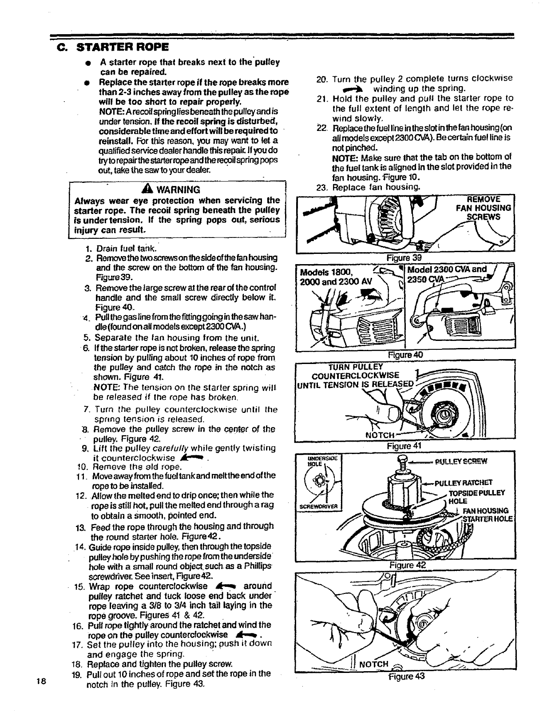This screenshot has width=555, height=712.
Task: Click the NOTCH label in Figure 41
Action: point(380,435)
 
